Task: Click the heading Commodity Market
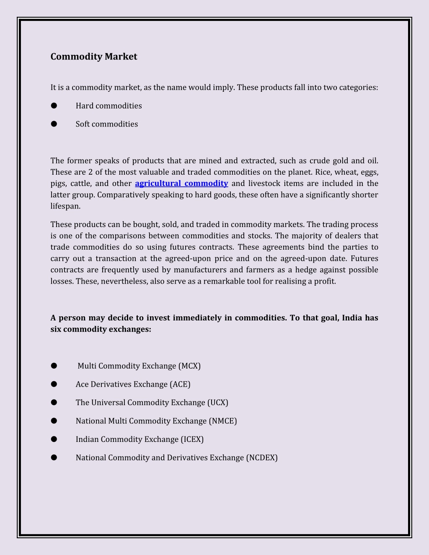click(x=93, y=57)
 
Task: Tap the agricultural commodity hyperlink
click(x=181, y=183)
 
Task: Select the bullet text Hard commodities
click(x=109, y=106)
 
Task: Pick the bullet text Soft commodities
click(x=106, y=124)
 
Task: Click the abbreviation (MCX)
click(x=189, y=366)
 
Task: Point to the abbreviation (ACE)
click(x=180, y=385)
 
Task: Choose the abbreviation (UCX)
click(x=217, y=403)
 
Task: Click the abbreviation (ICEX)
click(x=192, y=439)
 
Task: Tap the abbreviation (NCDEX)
click(x=262, y=458)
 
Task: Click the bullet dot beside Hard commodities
click(x=54, y=106)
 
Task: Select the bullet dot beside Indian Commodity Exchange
click(x=54, y=439)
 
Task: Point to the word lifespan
click(x=65, y=206)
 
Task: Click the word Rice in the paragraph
click(x=323, y=172)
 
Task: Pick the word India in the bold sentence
click(x=352, y=318)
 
